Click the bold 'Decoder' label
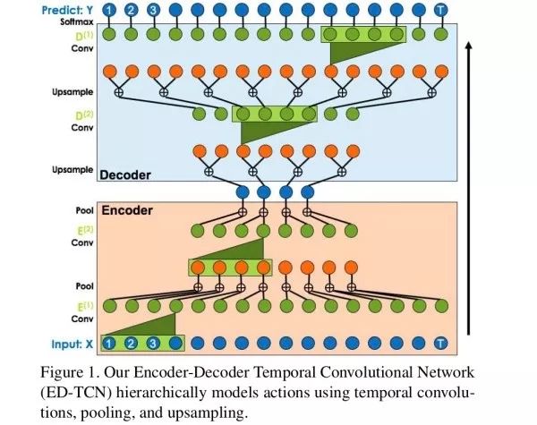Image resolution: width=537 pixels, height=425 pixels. tap(126, 174)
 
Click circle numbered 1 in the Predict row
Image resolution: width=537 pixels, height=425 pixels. tap(108, 9)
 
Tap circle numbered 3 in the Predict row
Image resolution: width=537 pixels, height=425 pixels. tap(153, 9)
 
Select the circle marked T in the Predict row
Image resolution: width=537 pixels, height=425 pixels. tap(439, 9)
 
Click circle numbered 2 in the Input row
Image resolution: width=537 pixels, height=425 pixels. tap(131, 342)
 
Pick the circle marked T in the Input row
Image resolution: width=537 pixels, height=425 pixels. tap(439, 342)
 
